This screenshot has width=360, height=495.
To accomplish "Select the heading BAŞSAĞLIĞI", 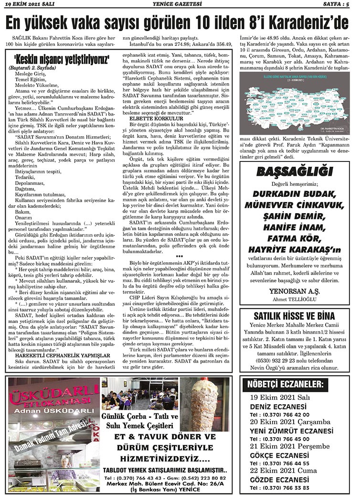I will tap(295, 172).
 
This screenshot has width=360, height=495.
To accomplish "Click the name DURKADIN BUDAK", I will tap(294, 194).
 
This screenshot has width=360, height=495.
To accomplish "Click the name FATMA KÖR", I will tap(294, 238).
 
